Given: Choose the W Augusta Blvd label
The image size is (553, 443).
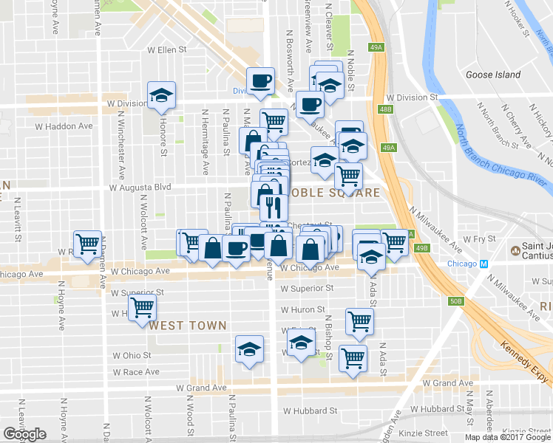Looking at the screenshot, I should pos(140,188).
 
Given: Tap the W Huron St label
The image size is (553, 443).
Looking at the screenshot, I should pos(303,310).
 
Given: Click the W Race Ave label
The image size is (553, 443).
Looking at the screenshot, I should pos(131,372).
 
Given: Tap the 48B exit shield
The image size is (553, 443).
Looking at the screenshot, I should pos(384,109).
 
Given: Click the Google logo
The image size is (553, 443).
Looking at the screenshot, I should pos(24,434).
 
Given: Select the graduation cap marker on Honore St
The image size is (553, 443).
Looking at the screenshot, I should pos(161,96).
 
